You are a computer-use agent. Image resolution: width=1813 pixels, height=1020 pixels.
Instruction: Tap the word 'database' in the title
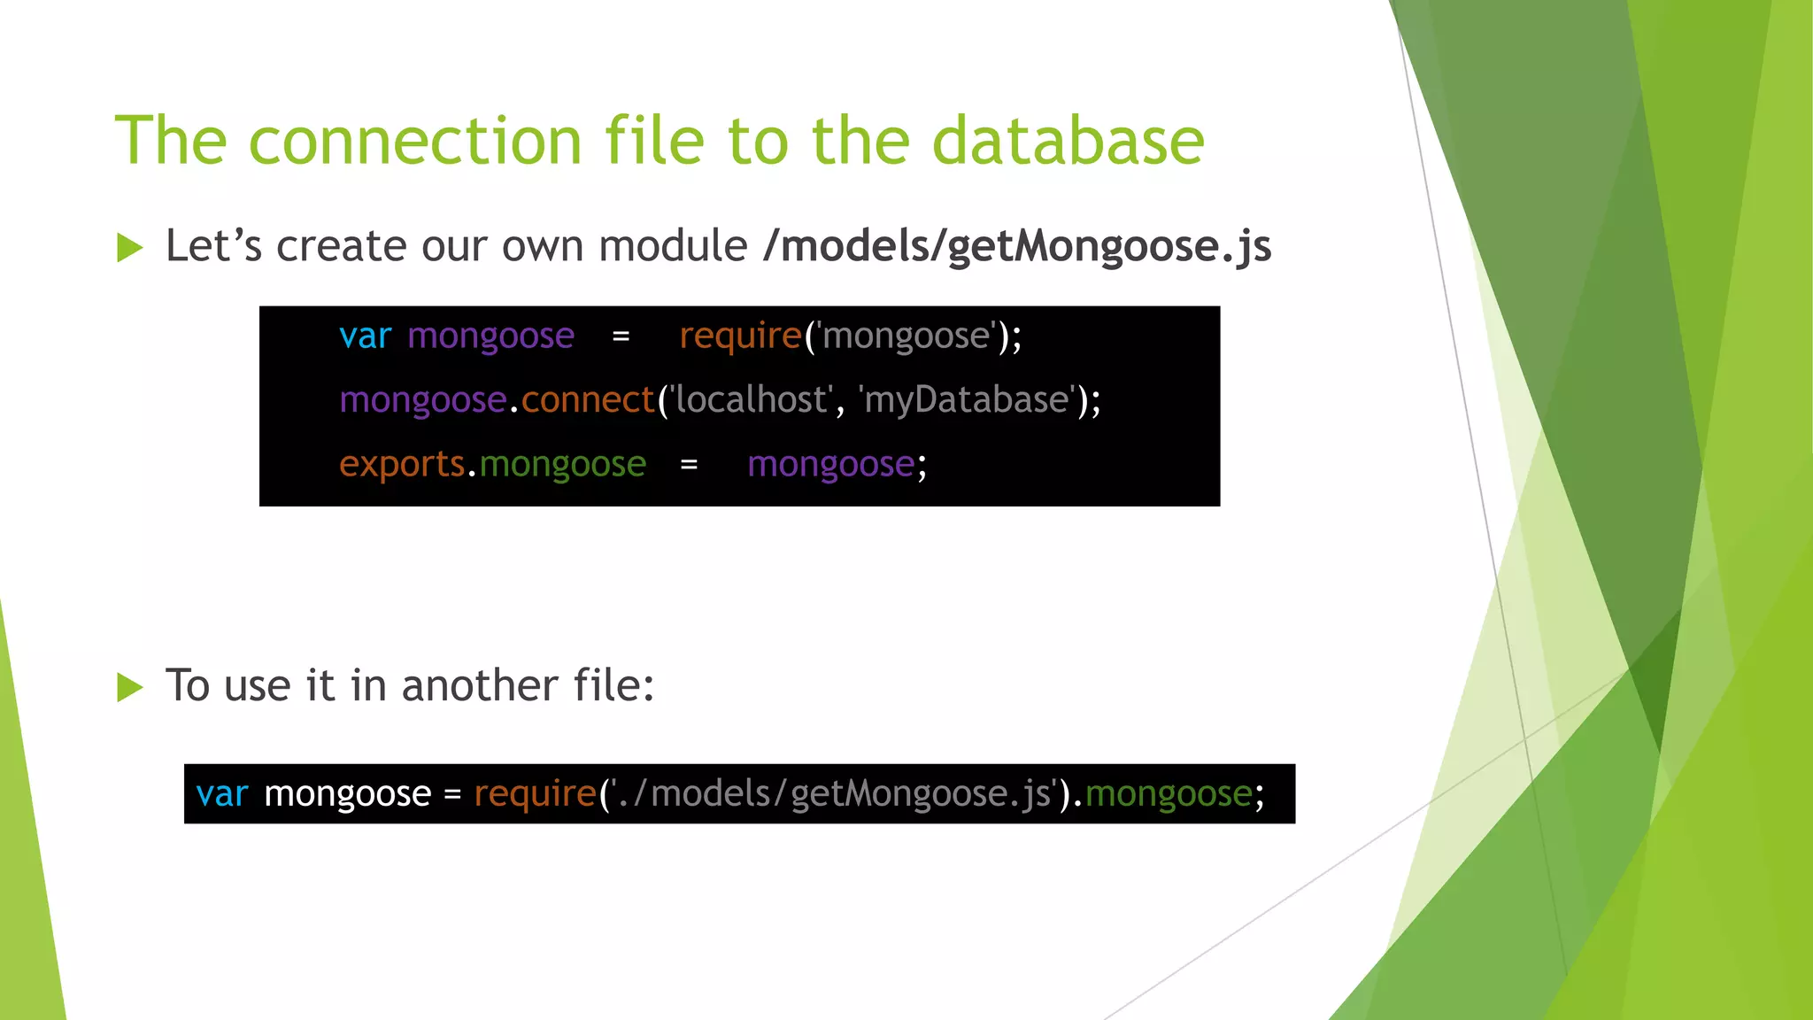(x=1068, y=142)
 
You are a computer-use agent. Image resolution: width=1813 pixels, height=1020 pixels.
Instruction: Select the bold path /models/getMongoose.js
(x=1016, y=246)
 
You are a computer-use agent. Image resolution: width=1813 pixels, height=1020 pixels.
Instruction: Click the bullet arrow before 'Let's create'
(x=129, y=248)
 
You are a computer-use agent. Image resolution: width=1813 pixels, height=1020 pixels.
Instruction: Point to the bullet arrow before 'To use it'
(x=129, y=687)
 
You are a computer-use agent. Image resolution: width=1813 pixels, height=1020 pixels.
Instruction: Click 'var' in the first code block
(x=365, y=336)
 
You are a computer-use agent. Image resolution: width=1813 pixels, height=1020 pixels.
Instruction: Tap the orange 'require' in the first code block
(x=740, y=336)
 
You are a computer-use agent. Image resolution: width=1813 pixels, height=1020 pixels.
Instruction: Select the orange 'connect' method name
(x=588, y=400)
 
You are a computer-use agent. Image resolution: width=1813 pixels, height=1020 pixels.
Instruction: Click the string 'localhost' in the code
(x=751, y=400)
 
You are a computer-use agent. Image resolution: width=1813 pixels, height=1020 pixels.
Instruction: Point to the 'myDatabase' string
(x=967, y=400)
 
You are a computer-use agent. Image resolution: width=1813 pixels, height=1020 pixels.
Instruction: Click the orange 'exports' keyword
(x=402, y=464)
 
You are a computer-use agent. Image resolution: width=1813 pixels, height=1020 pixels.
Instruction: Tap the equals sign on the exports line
(x=689, y=465)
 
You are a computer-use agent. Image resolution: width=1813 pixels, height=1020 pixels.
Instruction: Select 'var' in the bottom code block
(x=221, y=794)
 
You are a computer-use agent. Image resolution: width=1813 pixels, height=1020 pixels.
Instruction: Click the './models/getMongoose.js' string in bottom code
(x=832, y=794)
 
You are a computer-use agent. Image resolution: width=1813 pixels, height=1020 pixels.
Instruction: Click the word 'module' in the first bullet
(x=673, y=246)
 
